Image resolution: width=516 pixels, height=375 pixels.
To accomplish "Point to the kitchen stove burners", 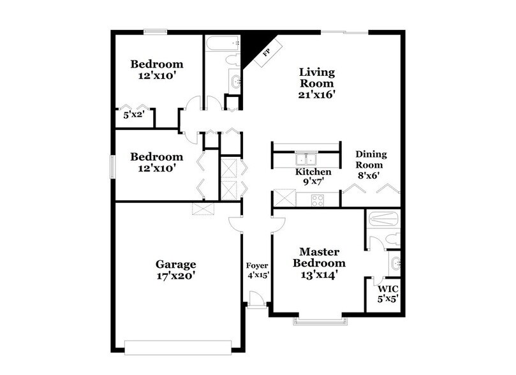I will pos(317,200).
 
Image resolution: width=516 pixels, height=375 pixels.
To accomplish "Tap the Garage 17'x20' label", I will pos(175,270).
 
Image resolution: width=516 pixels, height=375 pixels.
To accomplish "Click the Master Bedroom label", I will pos(314,263).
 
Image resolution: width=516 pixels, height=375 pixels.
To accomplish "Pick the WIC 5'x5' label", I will pos(385,293).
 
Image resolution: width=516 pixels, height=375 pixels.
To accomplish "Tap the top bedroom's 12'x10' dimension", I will pos(156,75).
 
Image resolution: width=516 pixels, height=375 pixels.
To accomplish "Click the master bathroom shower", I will pos(385,219).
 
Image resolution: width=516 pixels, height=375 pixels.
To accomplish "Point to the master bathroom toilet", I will pos(392,239).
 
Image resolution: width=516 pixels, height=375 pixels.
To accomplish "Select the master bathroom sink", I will pos(394,262).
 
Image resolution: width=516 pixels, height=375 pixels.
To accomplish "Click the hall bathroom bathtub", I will pos(221,43).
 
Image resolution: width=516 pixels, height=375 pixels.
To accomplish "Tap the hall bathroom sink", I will pos(234,81).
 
